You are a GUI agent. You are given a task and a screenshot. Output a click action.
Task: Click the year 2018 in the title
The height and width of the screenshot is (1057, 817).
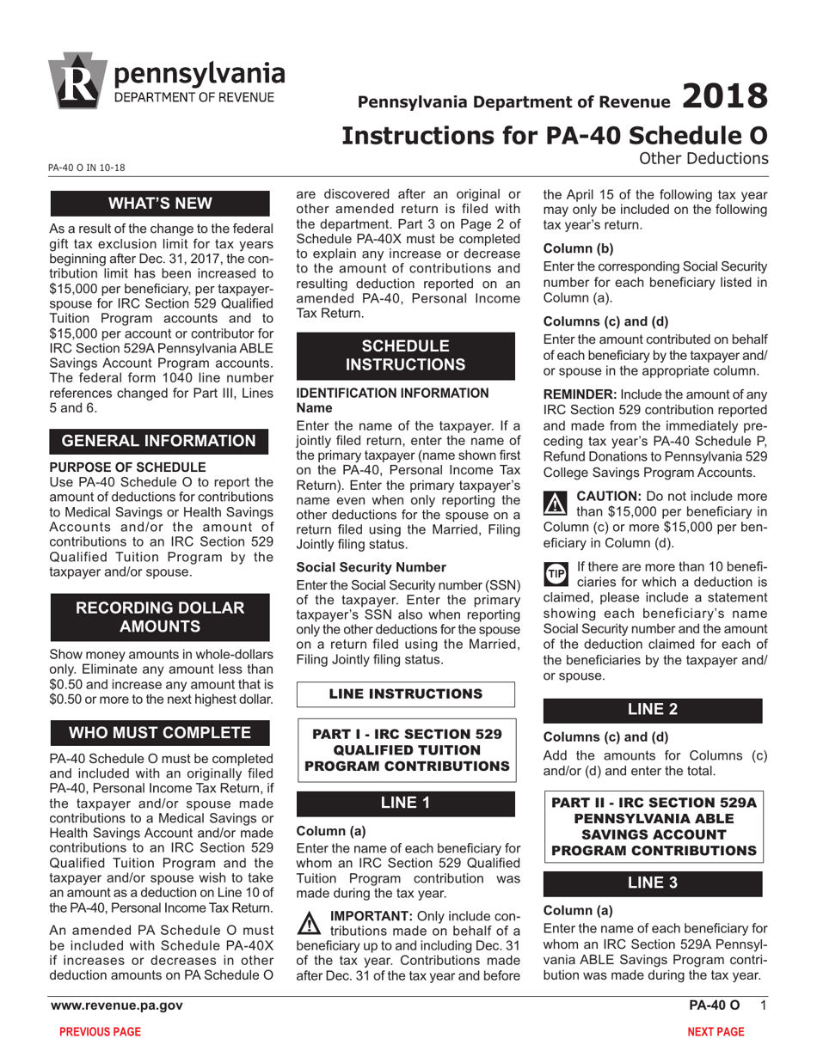pyautogui.click(x=724, y=96)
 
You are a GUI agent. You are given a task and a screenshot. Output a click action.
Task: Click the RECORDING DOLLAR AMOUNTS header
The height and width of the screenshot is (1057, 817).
pyautogui.click(x=161, y=617)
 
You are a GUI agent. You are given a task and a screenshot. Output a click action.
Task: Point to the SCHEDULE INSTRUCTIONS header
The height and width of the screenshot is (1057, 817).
pyautogui.click(x=405, y=355)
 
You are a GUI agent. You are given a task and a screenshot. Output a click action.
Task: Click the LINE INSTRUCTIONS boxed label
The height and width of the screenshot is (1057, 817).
pyautogui.click(x=405, y=693)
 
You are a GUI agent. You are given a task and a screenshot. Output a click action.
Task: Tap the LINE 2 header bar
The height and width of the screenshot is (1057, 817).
pyautogui.click(x=652, y=709)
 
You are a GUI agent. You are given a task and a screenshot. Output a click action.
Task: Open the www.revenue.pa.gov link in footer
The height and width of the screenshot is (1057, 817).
pyautogui.click(x=117, y=1005)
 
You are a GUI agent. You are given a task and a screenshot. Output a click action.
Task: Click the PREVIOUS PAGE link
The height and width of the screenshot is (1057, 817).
pyautogui.click(x=99, y=1032)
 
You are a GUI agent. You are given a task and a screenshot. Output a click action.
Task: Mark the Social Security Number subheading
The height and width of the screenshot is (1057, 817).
pyautogui.click(x=359, y=567)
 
